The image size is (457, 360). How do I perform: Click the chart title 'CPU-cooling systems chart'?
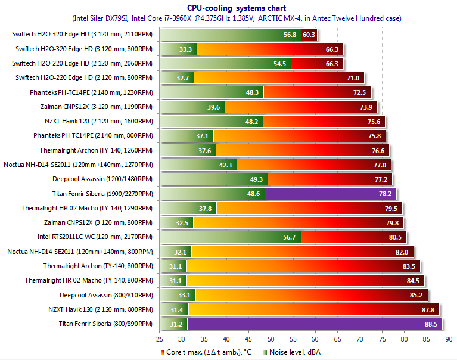tap(228, 8)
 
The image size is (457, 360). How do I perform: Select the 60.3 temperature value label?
tap(309, 35)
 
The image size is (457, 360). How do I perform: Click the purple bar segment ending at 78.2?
tap(330, 194)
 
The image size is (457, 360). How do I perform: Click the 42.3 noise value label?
tap(227, 165)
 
